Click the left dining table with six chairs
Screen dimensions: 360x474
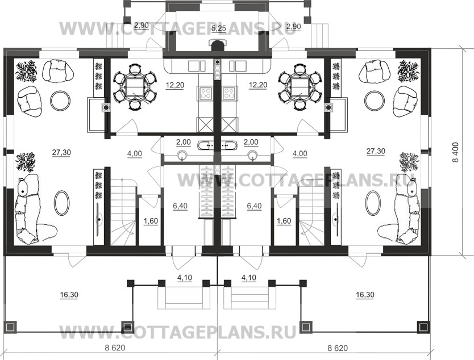click(x=135, y=87)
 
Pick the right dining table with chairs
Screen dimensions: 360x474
click(x=300, y=87)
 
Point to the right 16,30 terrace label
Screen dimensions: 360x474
click(x=365, y=295)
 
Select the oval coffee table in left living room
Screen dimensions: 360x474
click(x=62, y=202)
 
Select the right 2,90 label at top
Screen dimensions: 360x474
click(x=294, y=27)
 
